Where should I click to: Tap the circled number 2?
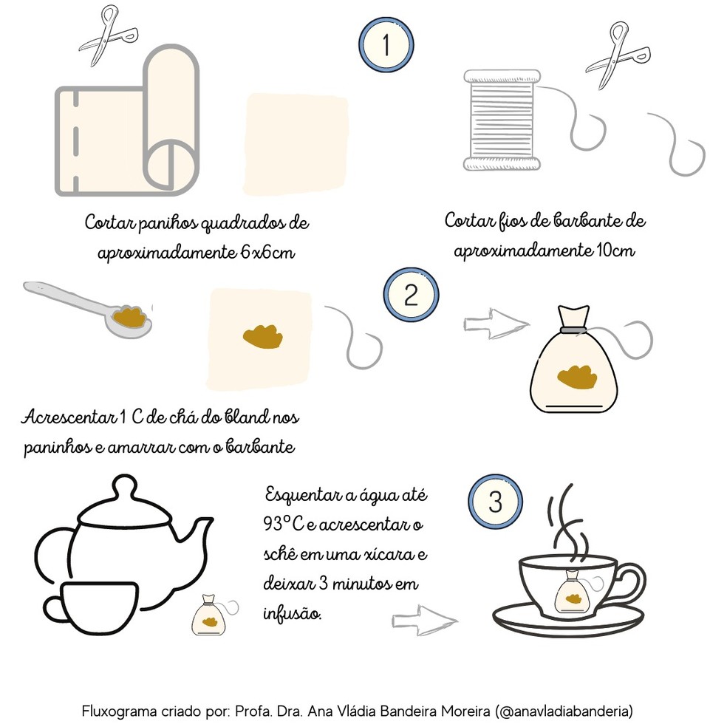coord(410,296)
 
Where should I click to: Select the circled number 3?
coord(495,502)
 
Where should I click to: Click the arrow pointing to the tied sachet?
coord(496,324)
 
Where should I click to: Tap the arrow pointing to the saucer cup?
coord(424,619)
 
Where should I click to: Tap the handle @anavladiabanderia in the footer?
coord(565,711)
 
